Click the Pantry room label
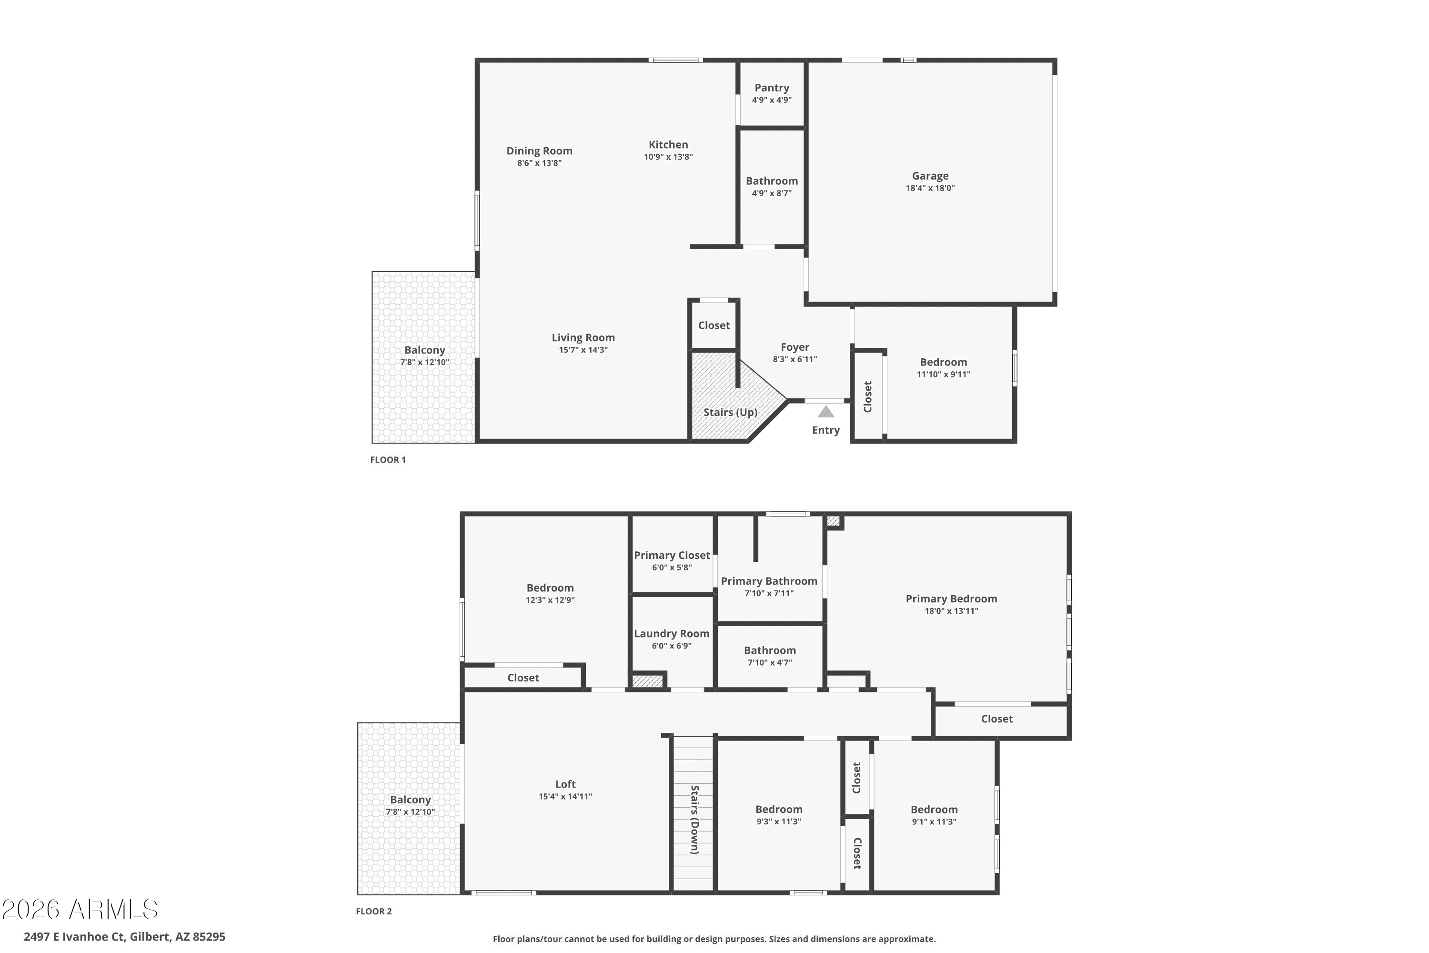772,88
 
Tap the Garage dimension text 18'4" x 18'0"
930,188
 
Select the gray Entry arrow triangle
825,412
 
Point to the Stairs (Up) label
730,412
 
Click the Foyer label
795,347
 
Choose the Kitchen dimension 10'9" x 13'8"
668,157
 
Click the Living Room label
583,337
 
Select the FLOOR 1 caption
388,459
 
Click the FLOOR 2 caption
373,911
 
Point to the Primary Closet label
672,556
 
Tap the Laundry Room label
671,633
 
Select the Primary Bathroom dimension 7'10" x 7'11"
769,593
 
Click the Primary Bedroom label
951,598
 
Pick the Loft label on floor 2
565,784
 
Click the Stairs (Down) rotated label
694,820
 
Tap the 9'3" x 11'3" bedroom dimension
779,821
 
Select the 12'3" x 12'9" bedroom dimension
550,600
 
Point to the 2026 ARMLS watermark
80,909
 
